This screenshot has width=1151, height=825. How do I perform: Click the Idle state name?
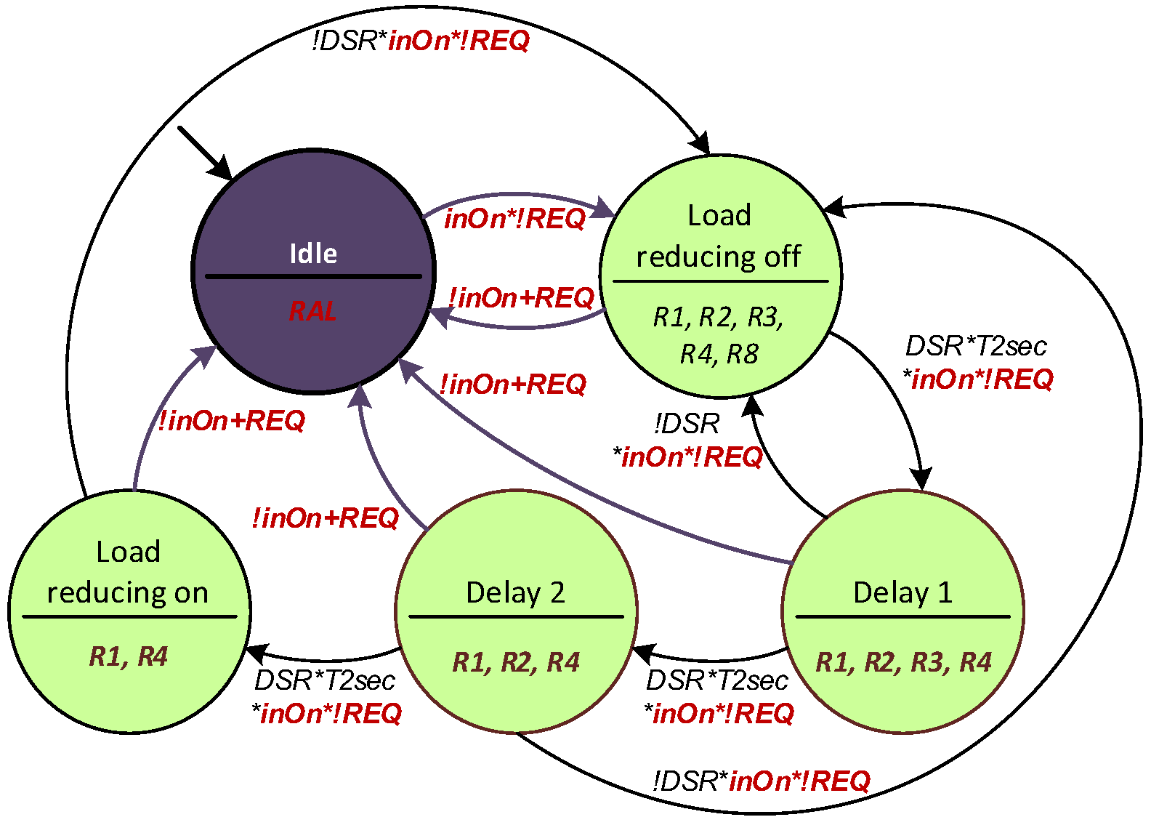click(313, 254)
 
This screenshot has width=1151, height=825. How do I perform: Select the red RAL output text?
click(312, 311)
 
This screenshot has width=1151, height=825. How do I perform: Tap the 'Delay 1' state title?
click(902, 592)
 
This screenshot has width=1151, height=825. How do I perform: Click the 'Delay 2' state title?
click(515, 592)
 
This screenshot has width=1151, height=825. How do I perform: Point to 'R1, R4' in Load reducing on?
click(129, 656)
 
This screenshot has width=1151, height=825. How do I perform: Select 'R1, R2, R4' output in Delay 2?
click(516, 662)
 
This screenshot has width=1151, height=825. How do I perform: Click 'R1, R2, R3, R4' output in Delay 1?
click(903, 662)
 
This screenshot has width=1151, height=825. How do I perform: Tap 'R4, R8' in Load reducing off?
click(719, 354)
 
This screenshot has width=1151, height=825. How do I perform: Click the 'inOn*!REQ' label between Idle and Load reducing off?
click(514, 218)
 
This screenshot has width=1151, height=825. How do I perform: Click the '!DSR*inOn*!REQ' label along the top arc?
click(421, 41)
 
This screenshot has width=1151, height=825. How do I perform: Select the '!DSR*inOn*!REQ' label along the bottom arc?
click(761, 781)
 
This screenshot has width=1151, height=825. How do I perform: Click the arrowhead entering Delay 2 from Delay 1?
click(643, 653)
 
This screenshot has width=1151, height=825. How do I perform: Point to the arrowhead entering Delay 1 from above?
click(921, 480)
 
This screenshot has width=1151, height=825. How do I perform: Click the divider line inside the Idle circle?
click(313, 276)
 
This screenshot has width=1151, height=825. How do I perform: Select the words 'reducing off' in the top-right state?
click(719, 257)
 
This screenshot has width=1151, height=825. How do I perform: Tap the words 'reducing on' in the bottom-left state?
click(128, 592)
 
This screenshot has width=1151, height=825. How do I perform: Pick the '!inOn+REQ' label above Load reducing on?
click(232, 420)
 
